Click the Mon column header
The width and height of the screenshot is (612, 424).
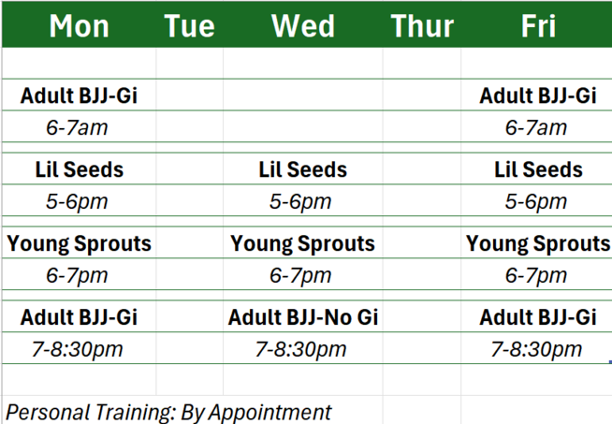[79, 26]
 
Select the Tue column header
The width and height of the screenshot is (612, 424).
[189, 26]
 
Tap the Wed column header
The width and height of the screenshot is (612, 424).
[303, 26]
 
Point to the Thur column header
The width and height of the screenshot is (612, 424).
[422, 26]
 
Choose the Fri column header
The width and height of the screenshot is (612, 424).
[538, 26]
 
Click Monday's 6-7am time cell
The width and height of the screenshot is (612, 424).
[77, 127]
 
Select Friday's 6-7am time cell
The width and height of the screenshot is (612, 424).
[536, 127]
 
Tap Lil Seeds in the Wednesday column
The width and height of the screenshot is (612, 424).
[303, 169]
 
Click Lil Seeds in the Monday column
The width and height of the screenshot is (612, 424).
[80, 169]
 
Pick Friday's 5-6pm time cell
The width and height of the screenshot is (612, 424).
[536, 202]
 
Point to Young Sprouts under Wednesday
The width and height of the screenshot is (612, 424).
[302, 243]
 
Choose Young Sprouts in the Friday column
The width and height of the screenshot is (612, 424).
[538, 243]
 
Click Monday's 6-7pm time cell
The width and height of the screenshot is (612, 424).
[77, 275]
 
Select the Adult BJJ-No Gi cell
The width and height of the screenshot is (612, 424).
[303, 317]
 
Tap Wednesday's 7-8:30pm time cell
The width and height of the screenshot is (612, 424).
[300, 349]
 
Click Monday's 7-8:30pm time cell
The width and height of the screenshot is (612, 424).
[77, 349]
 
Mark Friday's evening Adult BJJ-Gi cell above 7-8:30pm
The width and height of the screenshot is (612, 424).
[538, 317]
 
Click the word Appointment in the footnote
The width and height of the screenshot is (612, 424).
[270, 412]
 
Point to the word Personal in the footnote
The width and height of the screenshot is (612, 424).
[49, 412]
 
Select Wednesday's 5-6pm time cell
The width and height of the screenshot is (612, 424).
[300, 202]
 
